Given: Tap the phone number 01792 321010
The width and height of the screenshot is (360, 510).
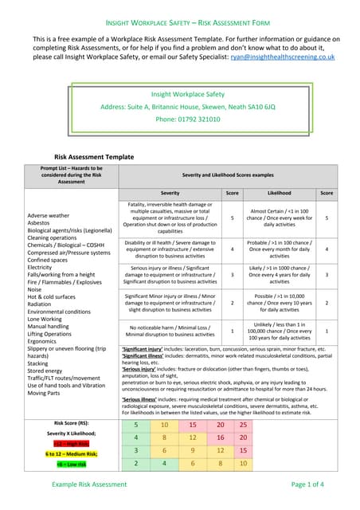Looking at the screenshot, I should [x=179, y=119].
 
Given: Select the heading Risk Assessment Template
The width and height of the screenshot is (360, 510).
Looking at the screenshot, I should [x=93, y=157].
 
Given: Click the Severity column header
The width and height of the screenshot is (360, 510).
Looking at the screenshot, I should [x=170, y=193].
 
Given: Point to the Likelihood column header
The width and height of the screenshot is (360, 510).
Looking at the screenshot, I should [x=279, y=193].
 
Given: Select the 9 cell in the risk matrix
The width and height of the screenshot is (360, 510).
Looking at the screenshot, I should [x=192, y=450].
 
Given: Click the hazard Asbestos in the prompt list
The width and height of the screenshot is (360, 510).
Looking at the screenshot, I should [x=41, y=224].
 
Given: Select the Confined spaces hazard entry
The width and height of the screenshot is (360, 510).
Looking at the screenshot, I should [x=53, y=260].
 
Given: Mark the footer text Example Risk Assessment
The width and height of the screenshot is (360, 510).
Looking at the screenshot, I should [x=88, y=484].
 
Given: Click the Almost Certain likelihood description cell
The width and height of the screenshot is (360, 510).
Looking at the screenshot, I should [x=279, y=216].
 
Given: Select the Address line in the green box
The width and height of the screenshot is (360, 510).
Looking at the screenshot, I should [x=179, y=106].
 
